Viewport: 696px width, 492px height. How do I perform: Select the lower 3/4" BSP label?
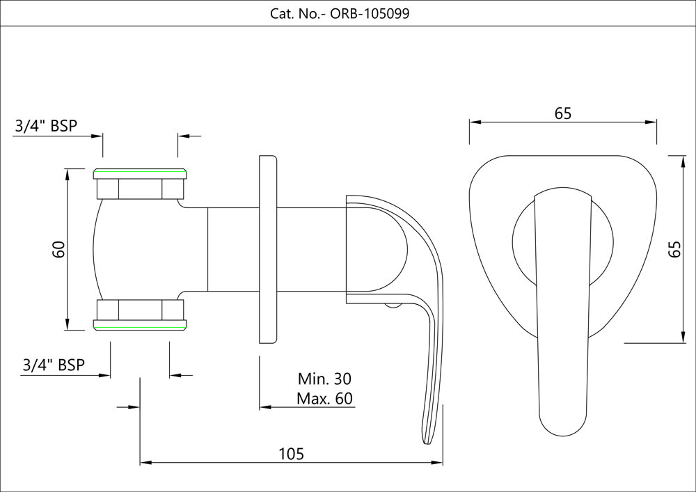click(x=54, y=365)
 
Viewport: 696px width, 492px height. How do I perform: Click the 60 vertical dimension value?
click(x=58, y=248)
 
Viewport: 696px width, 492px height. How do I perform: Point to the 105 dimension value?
click(x=292, y=453)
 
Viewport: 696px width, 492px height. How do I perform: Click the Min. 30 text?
click(x=324, y=379)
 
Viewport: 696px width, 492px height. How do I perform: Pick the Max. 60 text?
click(x=324, y=399)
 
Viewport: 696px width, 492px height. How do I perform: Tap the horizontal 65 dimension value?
click(x=563, y=113)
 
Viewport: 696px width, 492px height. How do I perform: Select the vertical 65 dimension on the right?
click(x=674, y=249)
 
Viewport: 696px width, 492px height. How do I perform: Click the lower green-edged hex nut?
click(x=141, y=314)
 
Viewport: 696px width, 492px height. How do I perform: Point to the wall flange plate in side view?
click(x=268, y=249)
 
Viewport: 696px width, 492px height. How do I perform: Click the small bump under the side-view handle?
click(x=394, y=304)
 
